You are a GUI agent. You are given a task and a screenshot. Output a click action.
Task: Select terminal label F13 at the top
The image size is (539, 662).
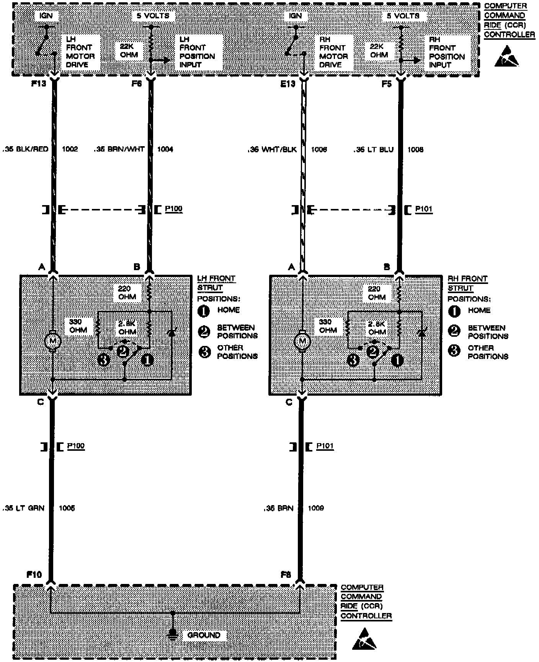point(39,83)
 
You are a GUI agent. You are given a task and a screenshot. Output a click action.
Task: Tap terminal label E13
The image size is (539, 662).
point(288,83)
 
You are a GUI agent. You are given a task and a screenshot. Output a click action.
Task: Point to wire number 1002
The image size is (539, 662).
point(70,149)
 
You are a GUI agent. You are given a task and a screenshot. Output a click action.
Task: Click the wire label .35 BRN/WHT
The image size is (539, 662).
point(119,149)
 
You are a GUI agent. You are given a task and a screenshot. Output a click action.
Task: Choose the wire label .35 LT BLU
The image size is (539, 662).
point(373,149)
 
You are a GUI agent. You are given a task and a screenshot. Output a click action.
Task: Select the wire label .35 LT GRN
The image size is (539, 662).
point(23,508)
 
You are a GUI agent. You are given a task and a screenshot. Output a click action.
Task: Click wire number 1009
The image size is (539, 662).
point(316,508)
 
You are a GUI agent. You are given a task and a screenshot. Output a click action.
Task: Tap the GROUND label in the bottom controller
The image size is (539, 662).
point(204,635)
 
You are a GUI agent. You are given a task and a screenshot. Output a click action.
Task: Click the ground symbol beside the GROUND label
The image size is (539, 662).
point(173,635)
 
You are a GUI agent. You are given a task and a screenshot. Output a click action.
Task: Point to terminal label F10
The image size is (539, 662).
point(34,574)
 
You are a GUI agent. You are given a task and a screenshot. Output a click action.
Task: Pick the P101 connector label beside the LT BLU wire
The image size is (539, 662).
point(424,209)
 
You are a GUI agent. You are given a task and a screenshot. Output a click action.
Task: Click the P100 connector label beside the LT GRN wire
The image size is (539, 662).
point(76,446)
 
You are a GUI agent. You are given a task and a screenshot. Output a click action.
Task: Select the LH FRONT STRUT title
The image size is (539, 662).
point(216,283)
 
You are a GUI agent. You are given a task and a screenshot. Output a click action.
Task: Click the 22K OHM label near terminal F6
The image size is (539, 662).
point(129,50)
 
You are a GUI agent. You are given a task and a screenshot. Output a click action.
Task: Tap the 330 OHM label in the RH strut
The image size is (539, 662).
point(328,326)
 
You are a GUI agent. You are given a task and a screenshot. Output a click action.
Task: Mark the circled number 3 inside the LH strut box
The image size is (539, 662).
point(104,360)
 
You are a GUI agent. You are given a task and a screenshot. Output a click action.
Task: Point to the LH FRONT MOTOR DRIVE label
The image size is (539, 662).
point(80,52)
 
